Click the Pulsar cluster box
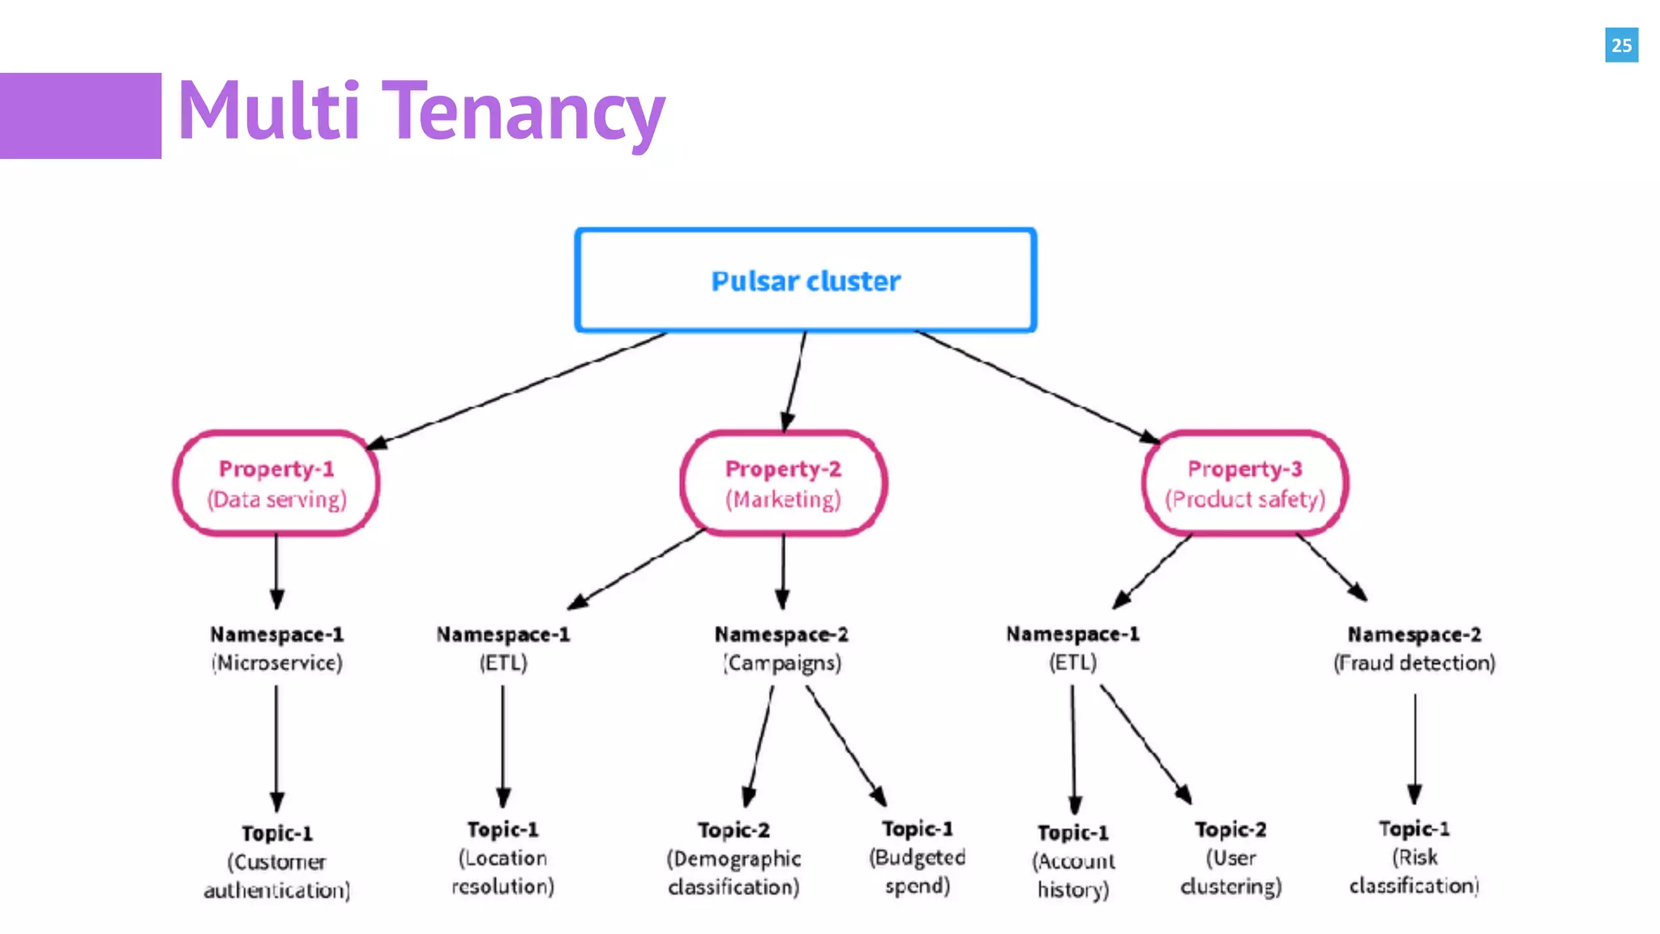click(x=805, y=281)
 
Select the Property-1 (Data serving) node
click(x=276, y=483)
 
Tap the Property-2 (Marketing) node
click(x=783, y=483)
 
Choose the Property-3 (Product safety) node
click(x=1245, y=483)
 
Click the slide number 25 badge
click(x=1621, y=45)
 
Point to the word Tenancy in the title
click(x=523, y=112)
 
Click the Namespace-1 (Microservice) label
click(x=276, y=649)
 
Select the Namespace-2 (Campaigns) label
click(x=781, y=649)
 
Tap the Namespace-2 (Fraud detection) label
click(x=1414, y=649)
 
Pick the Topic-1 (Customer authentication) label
click(x=276, y=862)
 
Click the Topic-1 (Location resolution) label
click(x=503, y=858)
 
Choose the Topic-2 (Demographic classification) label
click(x=734, y=859)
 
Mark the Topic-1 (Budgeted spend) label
click(x=918, y=857)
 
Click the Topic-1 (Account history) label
click(x=1073, y=861)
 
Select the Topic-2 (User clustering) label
click(x=1230, y=858)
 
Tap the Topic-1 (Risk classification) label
click(x=1414, y=857)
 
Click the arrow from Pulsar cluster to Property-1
click(x=519, y=389)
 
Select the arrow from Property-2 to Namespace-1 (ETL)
click(x=636, y=569)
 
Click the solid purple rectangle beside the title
click(x=80, y=115)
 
